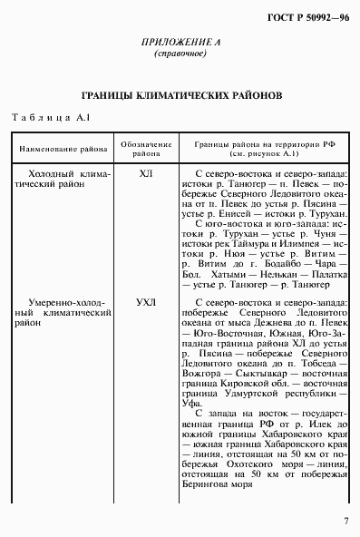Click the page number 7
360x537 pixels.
pyautogui.click(x=345, y=522)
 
